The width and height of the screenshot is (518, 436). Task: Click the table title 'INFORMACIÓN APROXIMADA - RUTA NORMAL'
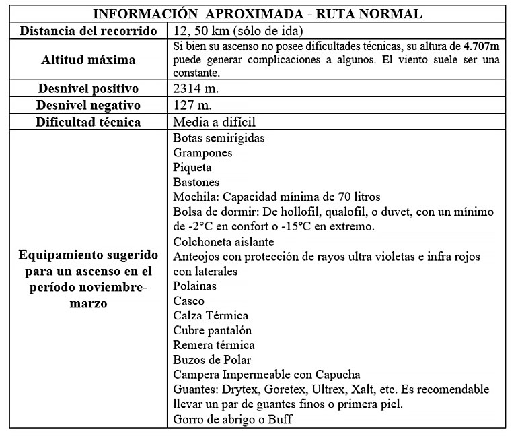pos(258,14)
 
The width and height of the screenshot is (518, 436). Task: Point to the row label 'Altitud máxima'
pos(87,59)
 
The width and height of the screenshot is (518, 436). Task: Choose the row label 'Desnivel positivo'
pos(87,88)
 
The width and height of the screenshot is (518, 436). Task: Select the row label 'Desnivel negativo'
pos(87,105)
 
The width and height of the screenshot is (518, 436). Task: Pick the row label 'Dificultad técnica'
pos(87,122)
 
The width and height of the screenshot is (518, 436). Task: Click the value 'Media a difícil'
pos(215,123)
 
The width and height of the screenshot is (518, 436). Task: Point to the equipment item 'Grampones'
pos(202,152)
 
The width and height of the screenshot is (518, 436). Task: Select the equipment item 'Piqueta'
pos(192,167)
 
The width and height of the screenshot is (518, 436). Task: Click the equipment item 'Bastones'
pos(196,182)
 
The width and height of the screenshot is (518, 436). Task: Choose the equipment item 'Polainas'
pos(195,286)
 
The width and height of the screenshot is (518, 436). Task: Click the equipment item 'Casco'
pos(188,301)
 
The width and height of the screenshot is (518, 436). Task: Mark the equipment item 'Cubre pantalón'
pos(213,330)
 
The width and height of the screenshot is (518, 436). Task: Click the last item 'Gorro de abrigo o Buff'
pos(233,419)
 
